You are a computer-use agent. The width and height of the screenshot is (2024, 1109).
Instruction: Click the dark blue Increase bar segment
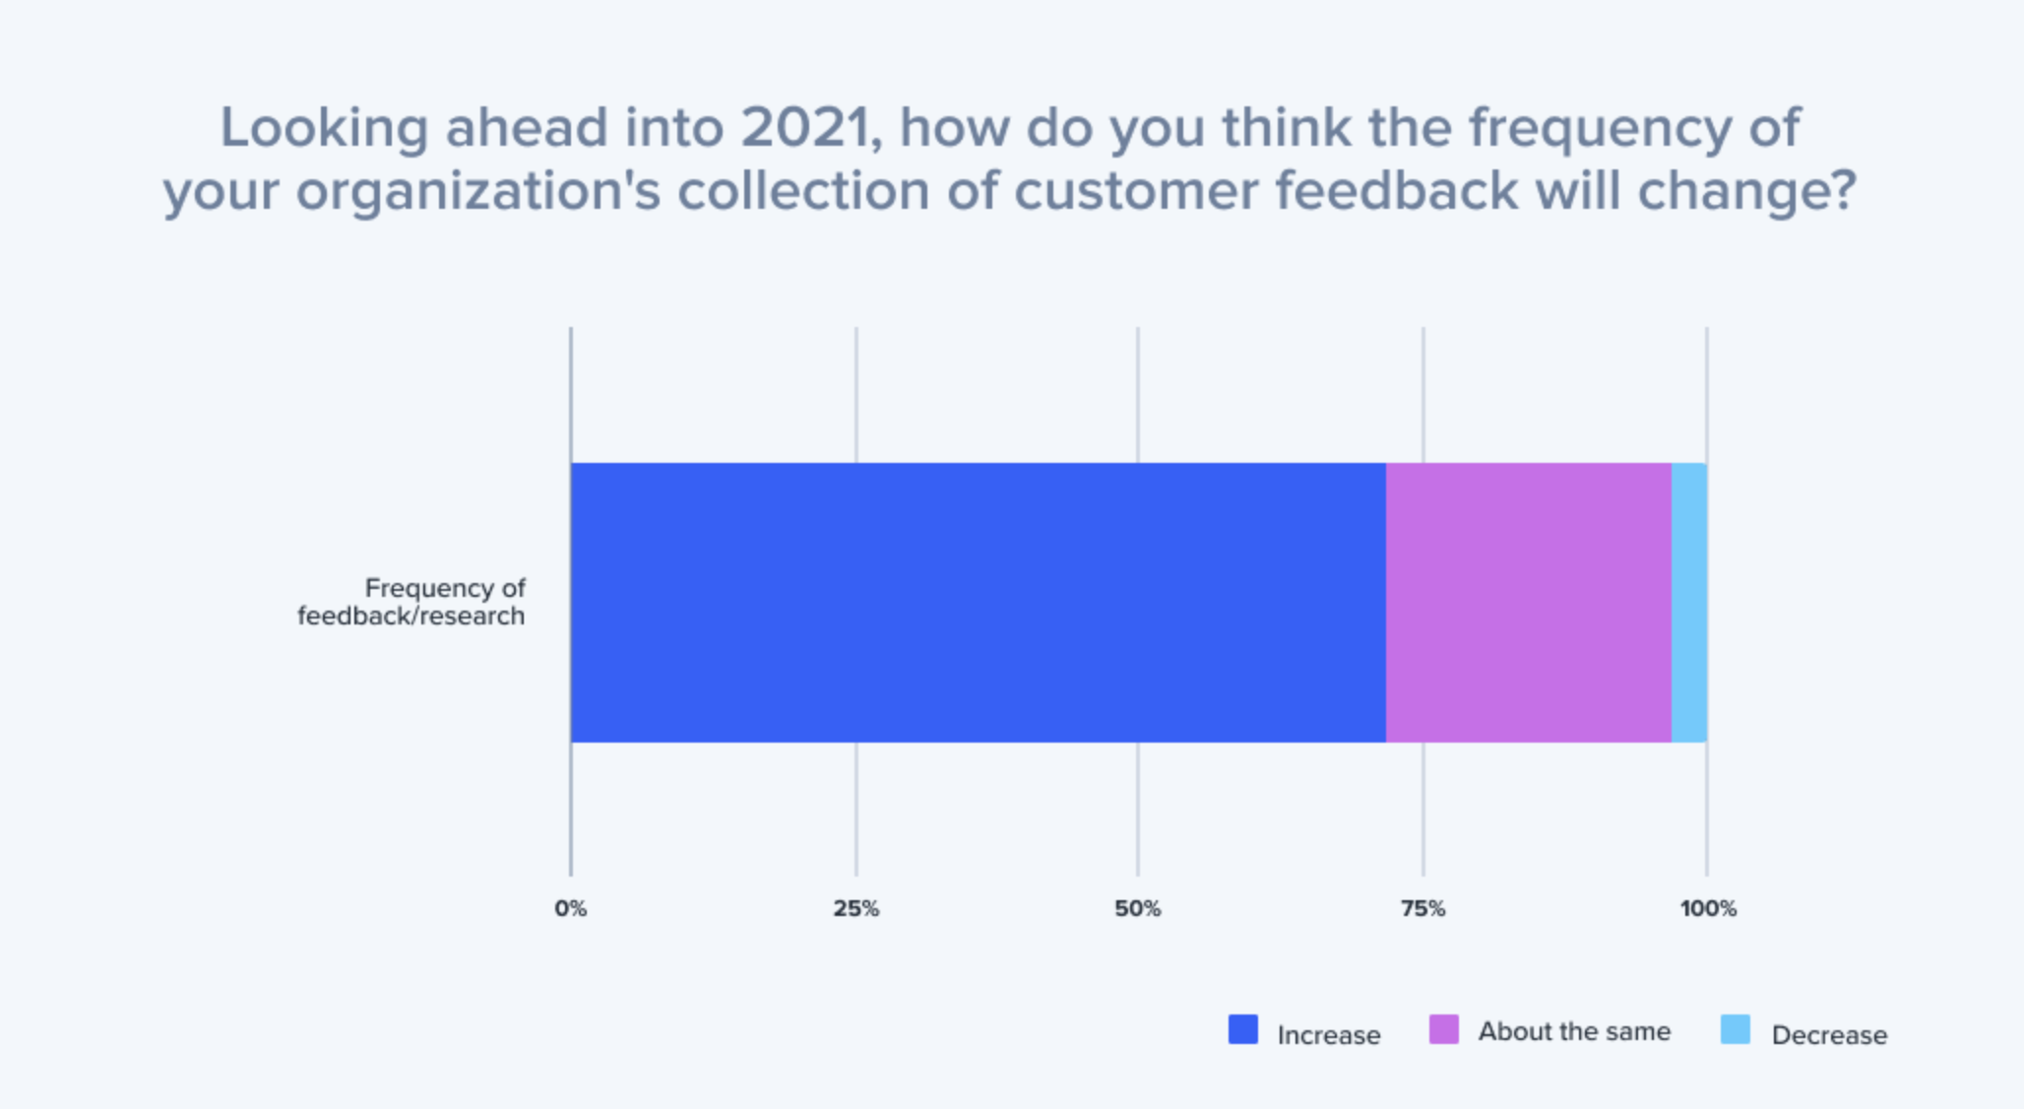(x=978, y=602)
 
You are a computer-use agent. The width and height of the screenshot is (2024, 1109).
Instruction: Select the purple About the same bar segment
(x=1528, y=602)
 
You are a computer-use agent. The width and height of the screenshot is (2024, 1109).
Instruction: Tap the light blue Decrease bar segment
(x=1688, y=602)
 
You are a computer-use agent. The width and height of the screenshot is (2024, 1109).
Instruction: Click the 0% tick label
(x=570, y=908)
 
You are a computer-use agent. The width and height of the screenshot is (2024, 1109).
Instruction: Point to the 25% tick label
(x=855, y=908)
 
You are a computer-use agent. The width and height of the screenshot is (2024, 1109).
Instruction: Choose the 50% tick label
(x=1137, y=908)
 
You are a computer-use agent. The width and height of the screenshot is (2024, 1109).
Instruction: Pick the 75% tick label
(x=1423, y=908)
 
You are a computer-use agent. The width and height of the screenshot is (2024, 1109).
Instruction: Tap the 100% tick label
(x=1707, y=908)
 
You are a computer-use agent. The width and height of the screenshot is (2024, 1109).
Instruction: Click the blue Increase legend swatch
(x=1242, y=1029)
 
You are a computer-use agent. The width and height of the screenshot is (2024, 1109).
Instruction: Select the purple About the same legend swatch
(x=1443, y=1029)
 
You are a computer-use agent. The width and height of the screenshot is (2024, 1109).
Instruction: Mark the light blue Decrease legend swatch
(x=1735, y=1029)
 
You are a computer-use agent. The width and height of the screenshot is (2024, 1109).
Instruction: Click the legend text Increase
(x=1328, y=1035)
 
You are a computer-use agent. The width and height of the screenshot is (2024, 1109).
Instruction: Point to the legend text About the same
(x=1573, y=1031)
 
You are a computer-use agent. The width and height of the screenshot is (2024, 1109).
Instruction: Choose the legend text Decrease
(x=1829, y=1035)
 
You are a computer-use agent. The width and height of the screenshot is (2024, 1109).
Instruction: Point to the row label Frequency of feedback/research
(x=411, y=602)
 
